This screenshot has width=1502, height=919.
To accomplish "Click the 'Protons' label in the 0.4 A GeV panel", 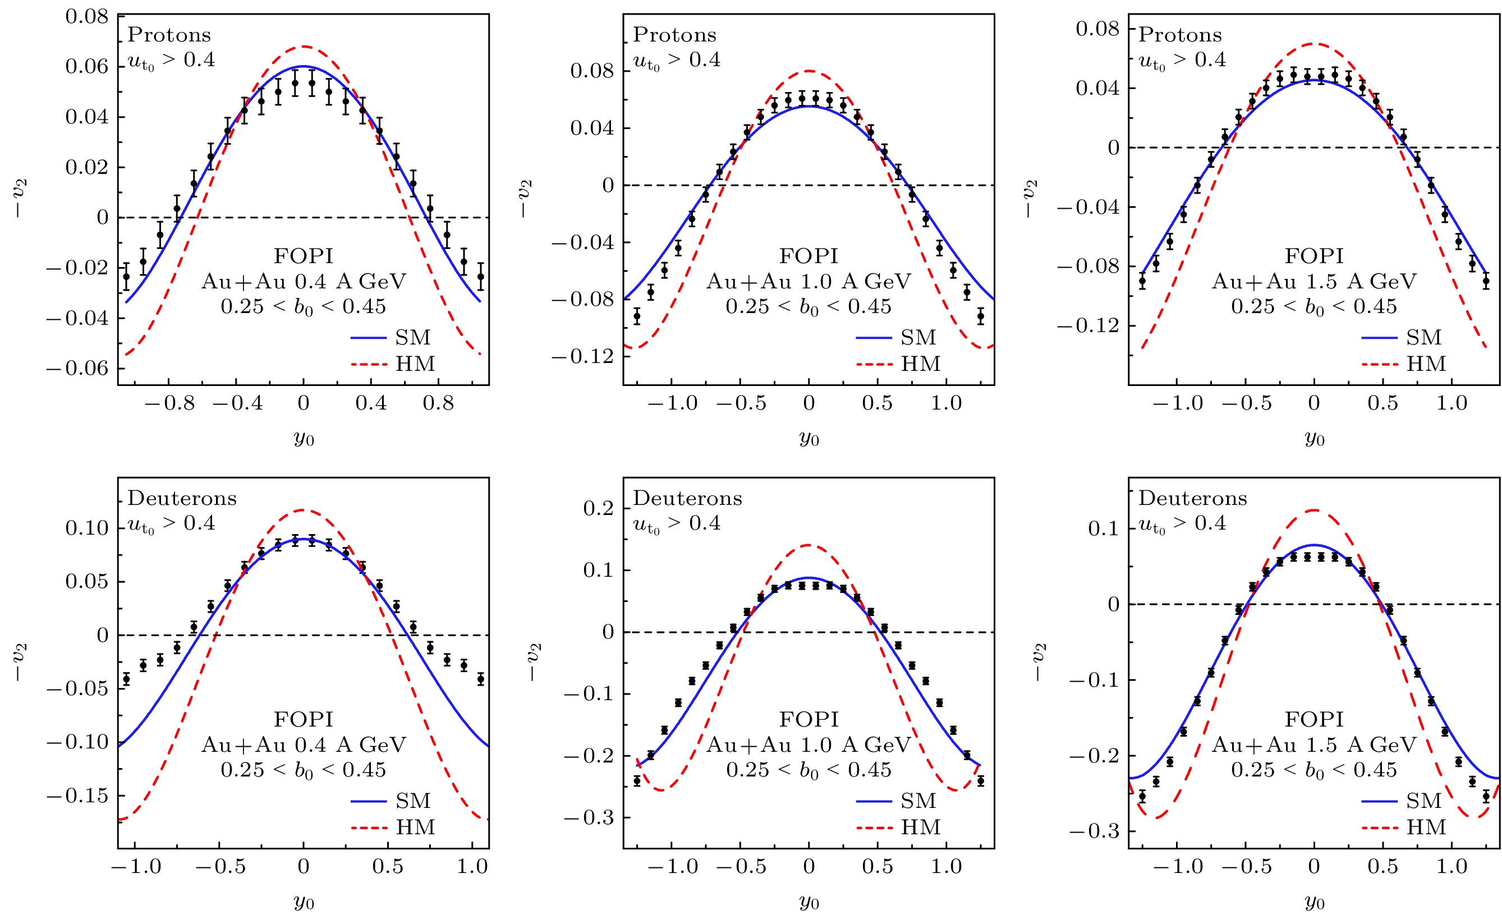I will pos(169,35).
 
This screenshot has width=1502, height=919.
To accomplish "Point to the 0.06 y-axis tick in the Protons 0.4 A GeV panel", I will pos(86,66).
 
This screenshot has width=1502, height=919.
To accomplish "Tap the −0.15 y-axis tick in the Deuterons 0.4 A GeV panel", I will pos(77,796).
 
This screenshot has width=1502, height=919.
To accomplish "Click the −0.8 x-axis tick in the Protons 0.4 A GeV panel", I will pos(169,403).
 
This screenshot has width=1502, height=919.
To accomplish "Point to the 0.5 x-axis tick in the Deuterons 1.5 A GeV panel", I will pos(1382,867).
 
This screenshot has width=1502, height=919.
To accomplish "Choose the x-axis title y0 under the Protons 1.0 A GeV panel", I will pos(809,438).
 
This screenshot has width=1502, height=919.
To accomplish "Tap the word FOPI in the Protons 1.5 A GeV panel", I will pos(1313,256).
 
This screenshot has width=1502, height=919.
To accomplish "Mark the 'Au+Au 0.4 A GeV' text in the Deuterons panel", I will pos(303,745).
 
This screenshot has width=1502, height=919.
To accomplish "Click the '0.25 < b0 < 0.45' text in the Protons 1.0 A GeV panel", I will pos(809,306).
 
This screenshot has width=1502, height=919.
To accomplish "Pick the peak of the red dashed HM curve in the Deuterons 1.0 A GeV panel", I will pos(809,545).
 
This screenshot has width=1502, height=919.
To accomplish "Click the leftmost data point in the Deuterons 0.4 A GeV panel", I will pos(126,679).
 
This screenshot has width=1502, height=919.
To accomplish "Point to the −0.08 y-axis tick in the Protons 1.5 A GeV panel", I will pos(1088,266).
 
